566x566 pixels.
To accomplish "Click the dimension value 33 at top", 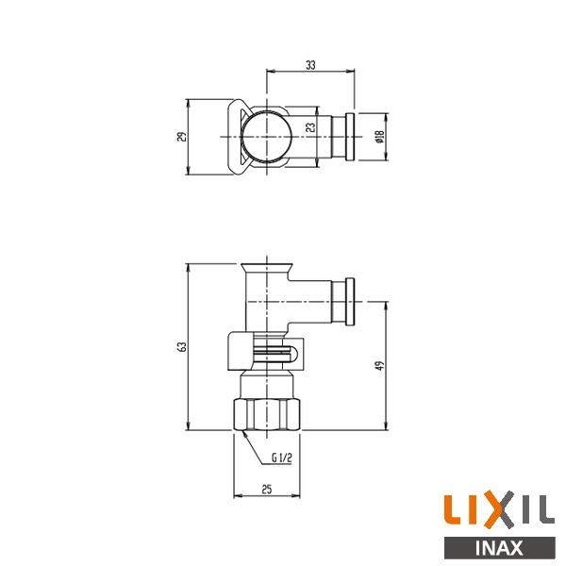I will coord(310,64).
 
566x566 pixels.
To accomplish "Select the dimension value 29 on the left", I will coord(183,136).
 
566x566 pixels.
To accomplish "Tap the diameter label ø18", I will coord(378,136).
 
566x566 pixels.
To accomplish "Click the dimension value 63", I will coord(183,346).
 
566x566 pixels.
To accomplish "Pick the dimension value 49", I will coord(378,366).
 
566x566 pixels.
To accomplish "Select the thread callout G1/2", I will coord(282,459).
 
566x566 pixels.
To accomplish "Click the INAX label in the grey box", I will coord(497,546).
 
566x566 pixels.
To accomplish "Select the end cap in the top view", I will coord(350,136).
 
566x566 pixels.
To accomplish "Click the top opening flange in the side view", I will coord(266,267).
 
